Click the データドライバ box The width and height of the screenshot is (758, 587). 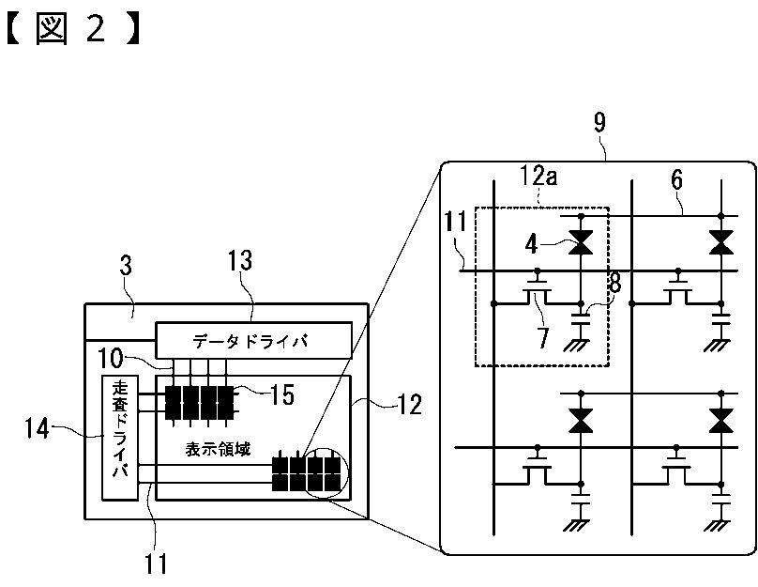pyautogui.click(x=253, y=340)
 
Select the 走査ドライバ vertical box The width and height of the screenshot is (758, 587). pyautogui.click(x=120, y=438)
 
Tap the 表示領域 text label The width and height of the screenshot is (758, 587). pyautogui.click(x=218, y=449)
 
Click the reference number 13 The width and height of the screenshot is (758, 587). pyautogui.click(x=240, y=260)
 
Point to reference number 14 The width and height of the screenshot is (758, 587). pyautogui.click(x=38, y=429)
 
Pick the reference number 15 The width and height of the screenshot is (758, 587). pyautogui.click(x=281, y=394)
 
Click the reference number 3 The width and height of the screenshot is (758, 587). pyautogui.click(x=126, y=266)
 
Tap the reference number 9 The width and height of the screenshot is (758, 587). pyautogui.click(x=599, y=123)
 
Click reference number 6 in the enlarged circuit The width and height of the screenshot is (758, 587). pyautogui.click(x=676, y=179)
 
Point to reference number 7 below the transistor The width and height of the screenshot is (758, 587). pyautogui.click(x=543, y=337)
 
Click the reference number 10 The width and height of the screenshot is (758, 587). pyautogui.click(x=111, y=359)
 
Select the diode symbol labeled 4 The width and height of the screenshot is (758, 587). pyautogui.click(x=581, y=242)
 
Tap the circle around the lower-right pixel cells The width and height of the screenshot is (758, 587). pyautogui.click(x=327, y=471)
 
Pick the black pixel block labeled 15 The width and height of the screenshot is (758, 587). pyautogui.click(x=200, y=403)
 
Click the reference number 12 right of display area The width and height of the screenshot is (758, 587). pyautogui.click(x=409, y=405)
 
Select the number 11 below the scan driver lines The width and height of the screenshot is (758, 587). pyautogui.click(x=156, y=564)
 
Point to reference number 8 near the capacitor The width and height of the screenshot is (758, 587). pyautogui.click(x=615, y=283)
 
